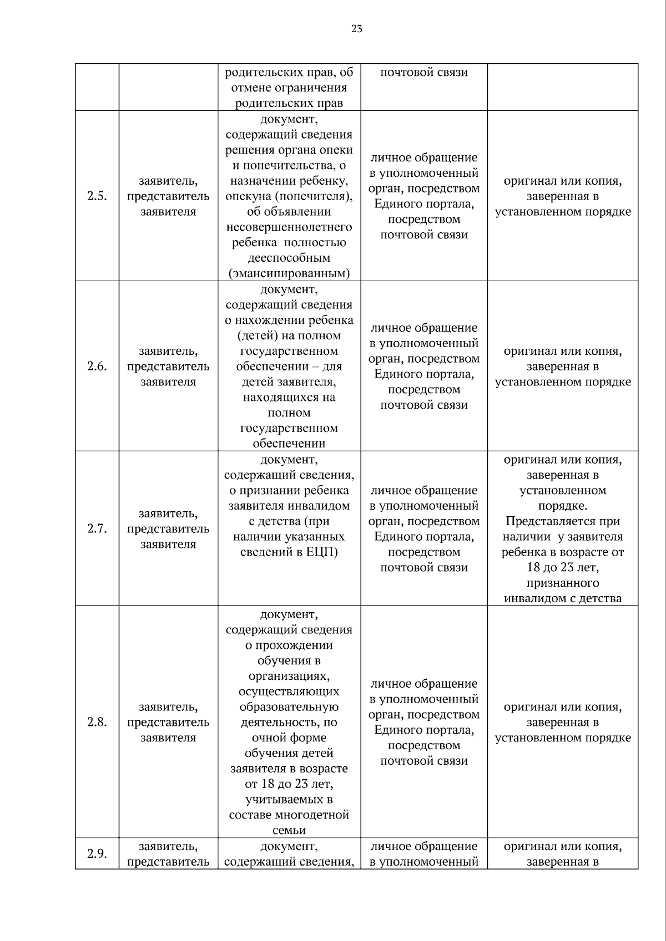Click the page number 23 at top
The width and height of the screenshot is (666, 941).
(356, 29)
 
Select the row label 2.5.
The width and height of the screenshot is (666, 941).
(97, 196)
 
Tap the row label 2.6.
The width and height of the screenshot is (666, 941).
(97, 367)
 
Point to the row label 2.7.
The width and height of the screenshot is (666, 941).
(97, 529)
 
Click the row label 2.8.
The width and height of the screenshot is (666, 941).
(97, 723)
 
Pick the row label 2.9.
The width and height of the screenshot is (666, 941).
(97, 854)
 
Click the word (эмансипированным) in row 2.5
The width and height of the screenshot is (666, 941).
(289, 273)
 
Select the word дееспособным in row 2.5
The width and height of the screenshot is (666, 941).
(289, 258)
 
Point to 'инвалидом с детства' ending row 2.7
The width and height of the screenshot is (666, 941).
(563, 598)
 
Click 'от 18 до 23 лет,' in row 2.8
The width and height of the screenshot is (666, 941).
(289, 784)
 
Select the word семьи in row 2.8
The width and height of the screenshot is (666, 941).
(289, 831)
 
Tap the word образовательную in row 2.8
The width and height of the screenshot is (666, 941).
(289, 707)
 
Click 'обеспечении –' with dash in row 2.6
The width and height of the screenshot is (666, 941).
(289, 367)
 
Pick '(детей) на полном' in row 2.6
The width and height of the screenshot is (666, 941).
(289, 335)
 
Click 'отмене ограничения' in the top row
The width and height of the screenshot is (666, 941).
(289, 88)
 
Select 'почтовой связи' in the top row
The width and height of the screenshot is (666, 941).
(424, 72)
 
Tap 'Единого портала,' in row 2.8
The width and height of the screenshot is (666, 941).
(424, 730)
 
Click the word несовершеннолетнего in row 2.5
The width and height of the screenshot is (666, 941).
(289, 227)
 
